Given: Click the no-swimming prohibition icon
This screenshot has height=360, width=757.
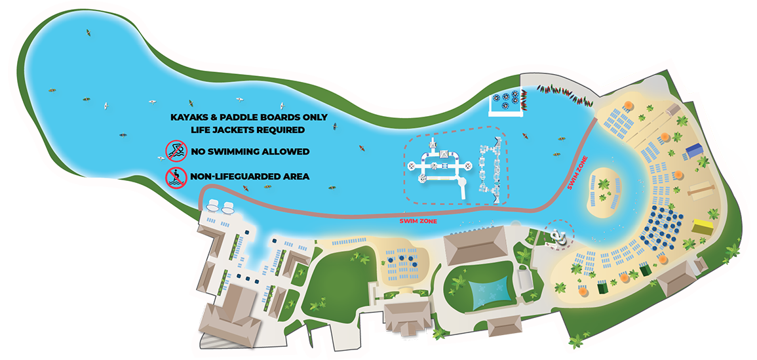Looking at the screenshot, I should (x=174, y=151).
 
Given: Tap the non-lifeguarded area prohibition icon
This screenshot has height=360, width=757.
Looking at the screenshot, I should (x=174, y=176).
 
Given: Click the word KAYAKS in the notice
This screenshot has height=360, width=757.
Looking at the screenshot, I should (x=189, y=117).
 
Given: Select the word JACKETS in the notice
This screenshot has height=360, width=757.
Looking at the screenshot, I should (x=236, y=130).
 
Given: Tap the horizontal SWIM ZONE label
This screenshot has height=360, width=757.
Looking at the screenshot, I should (x=418, y=221).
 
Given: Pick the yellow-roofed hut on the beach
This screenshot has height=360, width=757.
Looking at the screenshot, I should (x=703, y=226).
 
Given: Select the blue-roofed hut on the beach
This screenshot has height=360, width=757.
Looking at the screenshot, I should (x=693, y=151).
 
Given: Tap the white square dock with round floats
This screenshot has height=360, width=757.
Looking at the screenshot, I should (x=509, y=102).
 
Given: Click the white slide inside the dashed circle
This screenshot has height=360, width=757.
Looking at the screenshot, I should (x=558, y=236).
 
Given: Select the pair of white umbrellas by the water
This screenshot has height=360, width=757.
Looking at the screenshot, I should (x=220, y=207).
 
